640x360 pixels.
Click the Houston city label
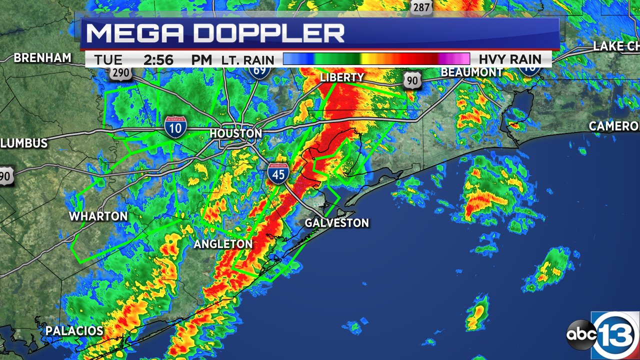point(235,133)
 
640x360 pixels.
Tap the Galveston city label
point(337,223)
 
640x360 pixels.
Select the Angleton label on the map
point(223,244)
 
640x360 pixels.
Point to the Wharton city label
point(98,216)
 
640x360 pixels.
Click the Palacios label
point(74,330)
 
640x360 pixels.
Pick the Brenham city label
point(42,58)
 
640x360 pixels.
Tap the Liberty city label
point(342,77)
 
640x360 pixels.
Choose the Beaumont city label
point(471,72)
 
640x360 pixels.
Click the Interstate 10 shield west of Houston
point(176,127)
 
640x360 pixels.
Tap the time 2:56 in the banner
point(158,60)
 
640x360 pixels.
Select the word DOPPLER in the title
point(269,33)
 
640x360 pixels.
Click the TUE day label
point(108,60)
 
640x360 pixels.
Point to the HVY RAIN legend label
point(510,59)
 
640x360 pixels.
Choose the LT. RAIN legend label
point(248,60)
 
